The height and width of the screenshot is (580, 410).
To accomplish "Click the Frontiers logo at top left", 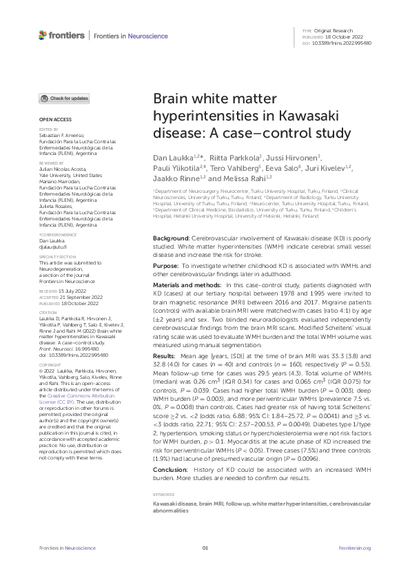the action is tap(62, 34).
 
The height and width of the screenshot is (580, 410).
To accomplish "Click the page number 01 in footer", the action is tap(205, 548).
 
